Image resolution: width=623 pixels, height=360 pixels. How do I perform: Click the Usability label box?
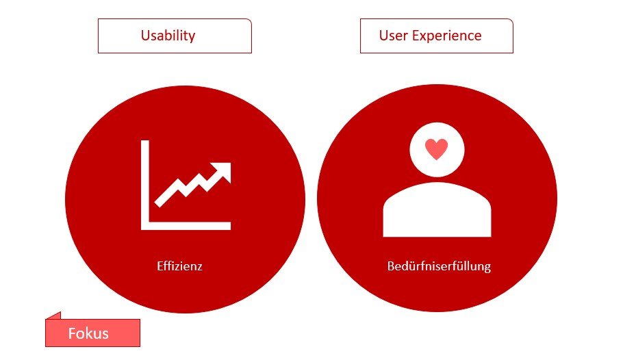(175, 36)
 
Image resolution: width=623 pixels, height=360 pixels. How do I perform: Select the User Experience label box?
(437, 36)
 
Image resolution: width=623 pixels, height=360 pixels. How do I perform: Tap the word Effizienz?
(179, 266)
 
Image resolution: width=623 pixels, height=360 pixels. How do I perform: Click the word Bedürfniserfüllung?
(439, 266)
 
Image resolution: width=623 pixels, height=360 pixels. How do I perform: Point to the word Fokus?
(88, 333)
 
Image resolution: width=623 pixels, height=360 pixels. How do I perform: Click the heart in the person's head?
(437, 149)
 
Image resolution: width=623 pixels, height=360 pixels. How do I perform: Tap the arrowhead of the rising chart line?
(222, 172)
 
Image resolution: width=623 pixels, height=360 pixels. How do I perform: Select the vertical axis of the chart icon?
(145, 185)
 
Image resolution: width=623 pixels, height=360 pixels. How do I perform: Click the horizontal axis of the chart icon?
(186, 225)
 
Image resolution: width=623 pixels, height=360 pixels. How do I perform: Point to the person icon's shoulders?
(437, 210)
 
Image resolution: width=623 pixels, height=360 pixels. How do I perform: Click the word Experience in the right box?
(446, 36)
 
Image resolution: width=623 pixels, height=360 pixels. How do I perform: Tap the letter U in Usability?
(145, 36)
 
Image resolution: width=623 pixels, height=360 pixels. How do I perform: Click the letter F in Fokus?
(71, 333)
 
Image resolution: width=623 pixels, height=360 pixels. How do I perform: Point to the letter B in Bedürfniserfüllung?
(391, 266)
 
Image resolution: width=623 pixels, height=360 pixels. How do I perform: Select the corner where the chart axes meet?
(145, 225)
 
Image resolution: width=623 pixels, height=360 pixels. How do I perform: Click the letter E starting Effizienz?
(160, 266)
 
